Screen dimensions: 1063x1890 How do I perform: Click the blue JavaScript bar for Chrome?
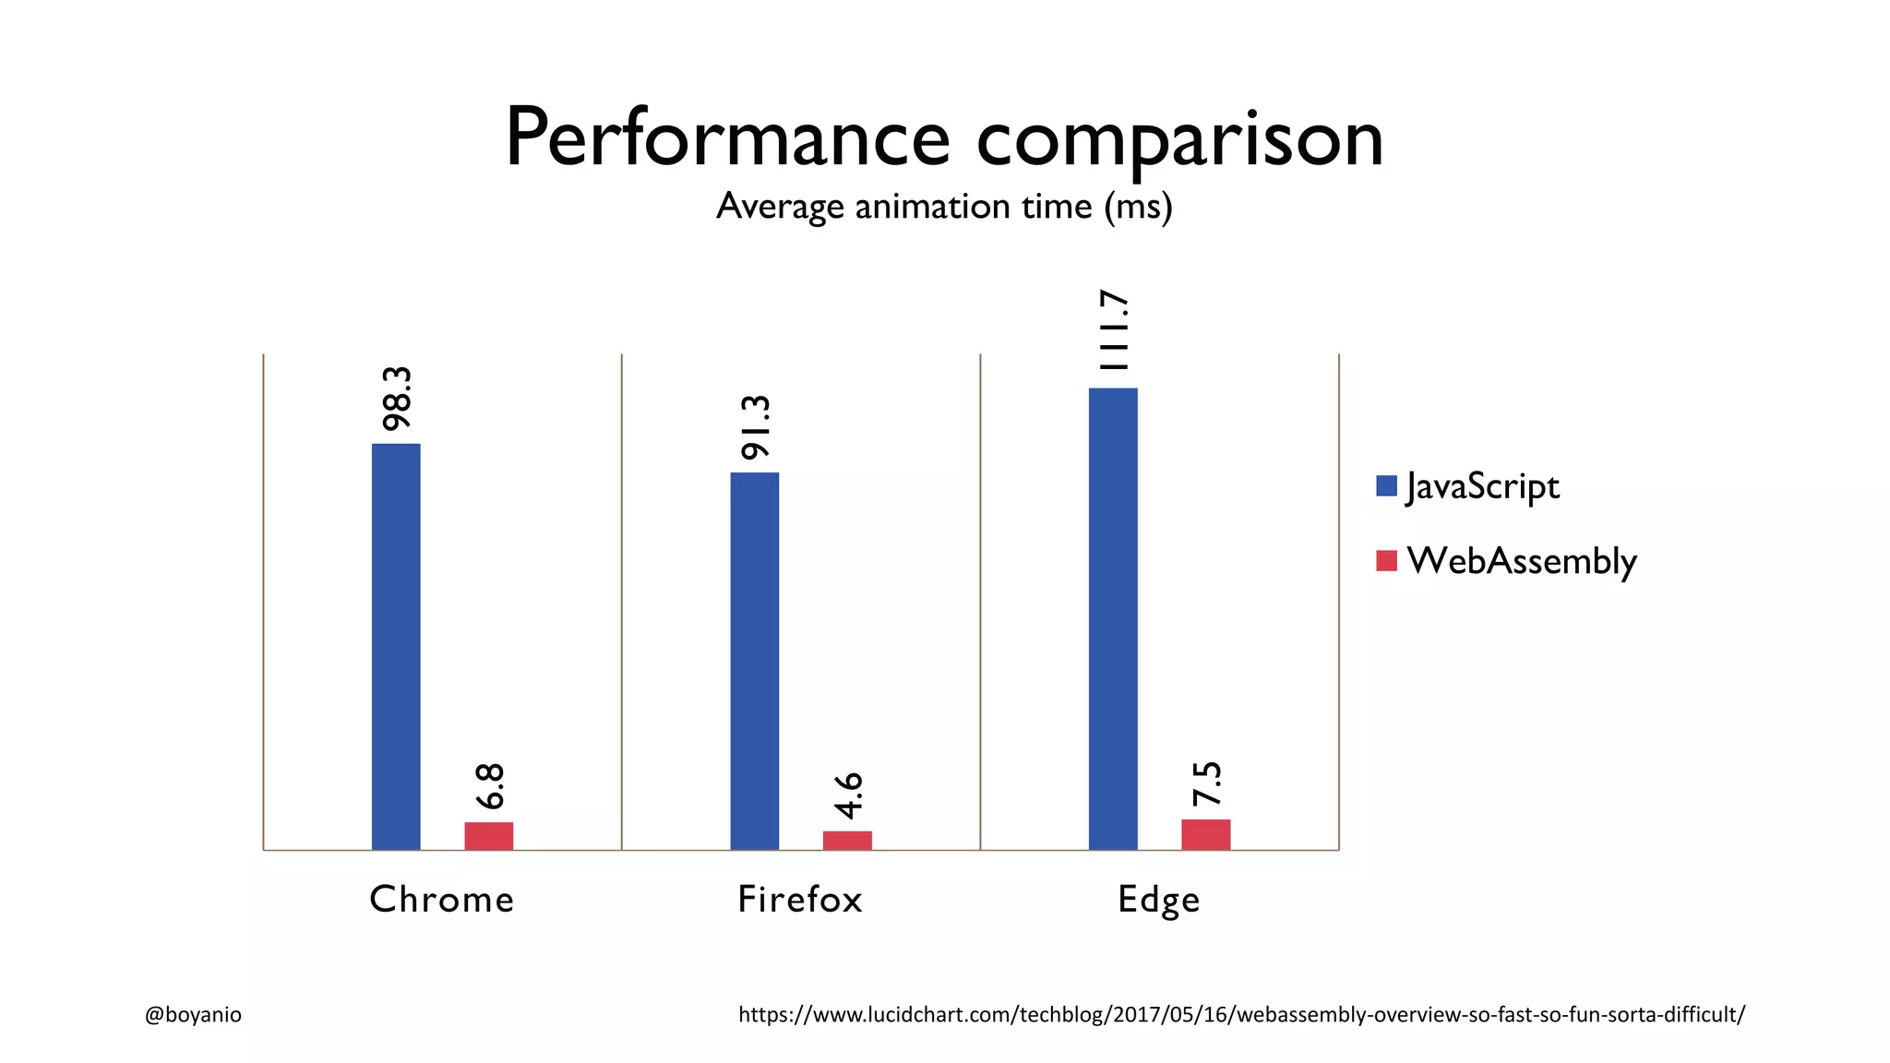point(396,646)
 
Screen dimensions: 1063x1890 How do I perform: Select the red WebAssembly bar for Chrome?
point(488,836)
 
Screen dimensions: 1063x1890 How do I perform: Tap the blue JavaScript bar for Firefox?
point(754,661)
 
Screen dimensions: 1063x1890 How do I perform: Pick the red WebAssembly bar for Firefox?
point(847,841)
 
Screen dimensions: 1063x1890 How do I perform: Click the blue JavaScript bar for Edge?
point(1113,618)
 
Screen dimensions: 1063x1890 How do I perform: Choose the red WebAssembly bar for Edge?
point(1205,834)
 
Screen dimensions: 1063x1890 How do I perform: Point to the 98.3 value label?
point(397,399)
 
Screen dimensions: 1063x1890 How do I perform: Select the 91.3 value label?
point(755,427)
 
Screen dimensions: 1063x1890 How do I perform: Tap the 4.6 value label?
point(847,795)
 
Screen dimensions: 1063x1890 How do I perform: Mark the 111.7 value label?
point(1114,330)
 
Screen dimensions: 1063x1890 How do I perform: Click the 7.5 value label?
point(1206,784)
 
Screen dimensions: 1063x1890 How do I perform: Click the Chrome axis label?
point(441,900)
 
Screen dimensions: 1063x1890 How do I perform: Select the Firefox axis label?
point(800,900)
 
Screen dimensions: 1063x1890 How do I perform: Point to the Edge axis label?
point(1158,900)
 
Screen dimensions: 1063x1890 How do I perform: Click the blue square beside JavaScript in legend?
point(1386,486)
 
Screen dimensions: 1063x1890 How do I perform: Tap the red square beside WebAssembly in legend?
point(1386,560)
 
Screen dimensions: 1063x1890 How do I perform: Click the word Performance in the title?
point(727,138)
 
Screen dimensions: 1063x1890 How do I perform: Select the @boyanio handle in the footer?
point(193,1015)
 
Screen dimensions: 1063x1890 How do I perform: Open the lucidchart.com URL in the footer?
point(1241,1015)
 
